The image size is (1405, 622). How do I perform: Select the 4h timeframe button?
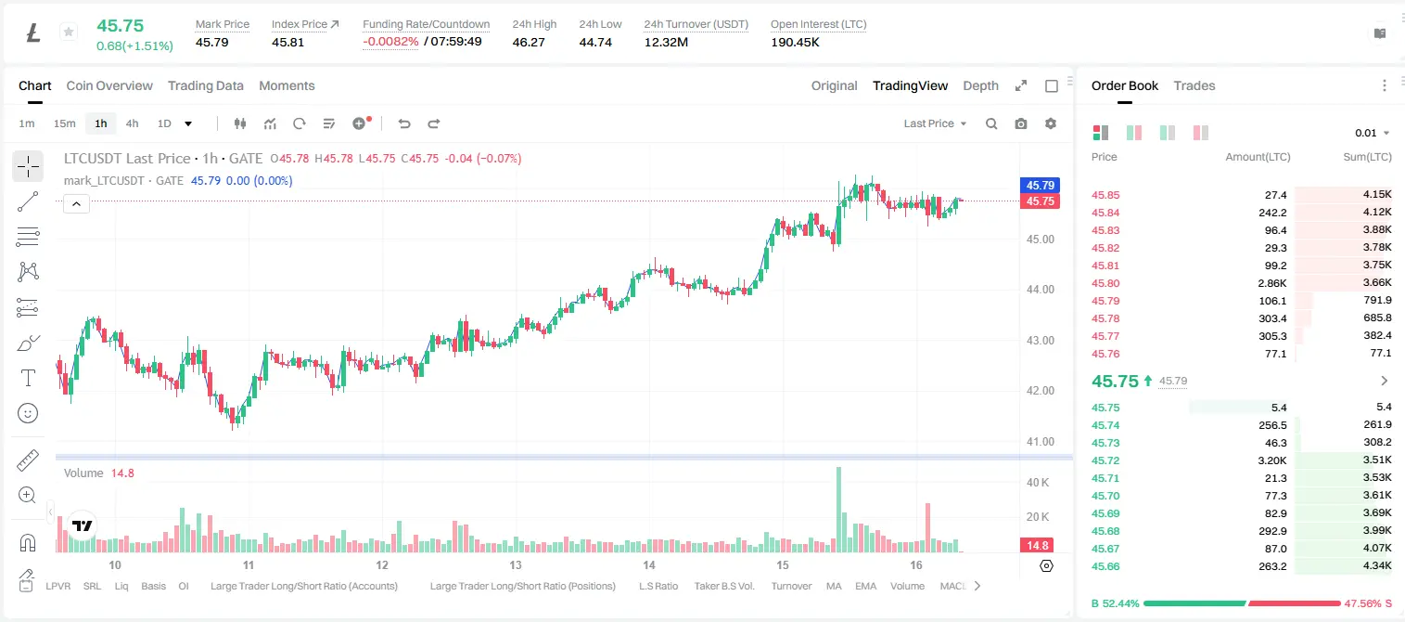point(132,123)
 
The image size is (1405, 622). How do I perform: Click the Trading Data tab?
point(205,85)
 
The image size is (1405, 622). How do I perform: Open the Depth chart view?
point(980,85)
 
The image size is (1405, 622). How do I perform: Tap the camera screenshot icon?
point(1021,123)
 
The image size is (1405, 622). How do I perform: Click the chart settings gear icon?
point(1051,123)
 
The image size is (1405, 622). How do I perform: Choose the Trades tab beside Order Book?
point(1194,85)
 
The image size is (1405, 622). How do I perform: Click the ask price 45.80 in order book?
point(1105,283)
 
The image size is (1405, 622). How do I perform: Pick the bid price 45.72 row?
point(1105,460)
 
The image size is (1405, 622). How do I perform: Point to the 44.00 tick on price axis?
point(1040,290)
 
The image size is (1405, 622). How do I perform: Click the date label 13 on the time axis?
point(515,564)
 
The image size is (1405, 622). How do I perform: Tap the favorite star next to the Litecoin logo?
point(69,32)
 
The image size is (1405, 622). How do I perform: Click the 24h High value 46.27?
point(529,42)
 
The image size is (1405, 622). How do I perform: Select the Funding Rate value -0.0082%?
point(390,42)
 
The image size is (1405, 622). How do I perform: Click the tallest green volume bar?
point(838,510)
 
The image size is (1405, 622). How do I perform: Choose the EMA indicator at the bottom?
point(865,586)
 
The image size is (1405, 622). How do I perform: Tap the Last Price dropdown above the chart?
point(935,123)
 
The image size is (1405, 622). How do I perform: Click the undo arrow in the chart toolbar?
point(404,123)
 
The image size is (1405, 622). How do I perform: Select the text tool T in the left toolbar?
point(28,378)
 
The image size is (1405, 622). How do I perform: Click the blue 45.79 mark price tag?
point(1040,185)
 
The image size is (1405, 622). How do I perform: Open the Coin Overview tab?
point(109,85)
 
